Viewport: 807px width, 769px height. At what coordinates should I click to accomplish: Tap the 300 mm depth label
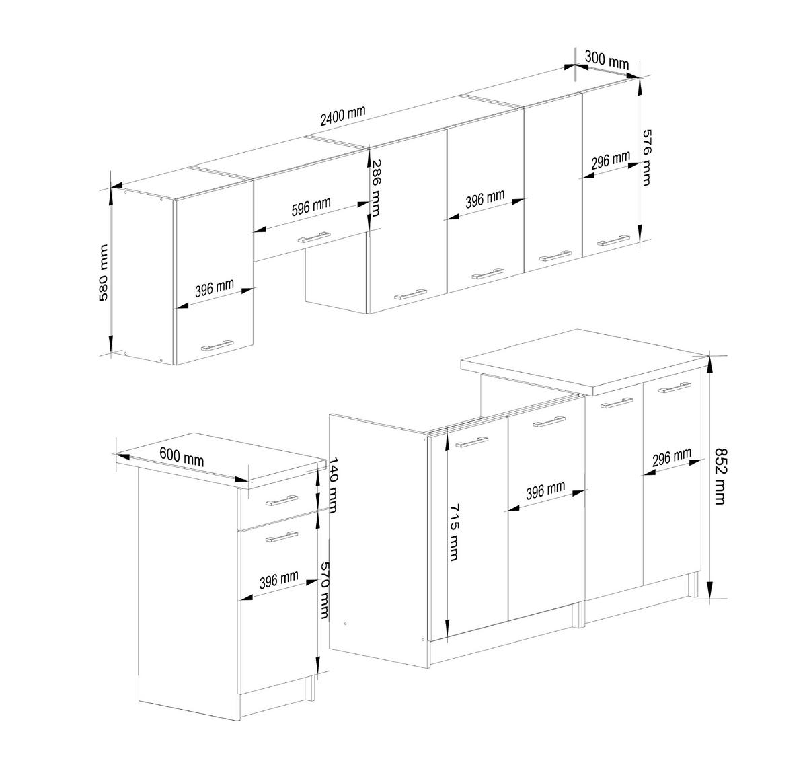pos(607,61)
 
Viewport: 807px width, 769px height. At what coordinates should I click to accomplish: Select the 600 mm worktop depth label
pos(182,457)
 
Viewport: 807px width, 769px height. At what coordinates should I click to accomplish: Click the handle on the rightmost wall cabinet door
pos(613,240)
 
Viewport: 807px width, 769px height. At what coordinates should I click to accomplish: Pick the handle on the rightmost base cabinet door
pos(675,388)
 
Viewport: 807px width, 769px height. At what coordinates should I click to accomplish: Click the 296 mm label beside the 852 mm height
pos(671,459)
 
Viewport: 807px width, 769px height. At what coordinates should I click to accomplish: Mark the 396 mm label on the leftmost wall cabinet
pos(215,288)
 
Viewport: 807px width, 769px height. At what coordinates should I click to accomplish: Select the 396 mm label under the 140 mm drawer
pos(279,579)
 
